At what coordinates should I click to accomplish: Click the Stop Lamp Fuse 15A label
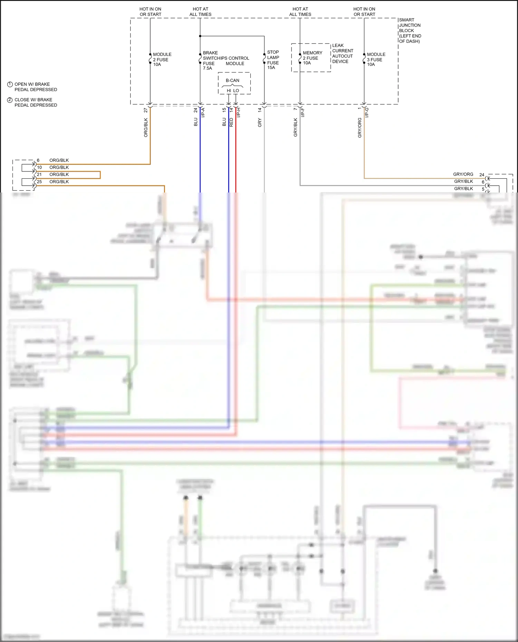(273, 60)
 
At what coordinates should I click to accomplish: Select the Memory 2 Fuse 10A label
(312, 58)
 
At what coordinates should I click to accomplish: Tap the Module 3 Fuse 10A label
(376, 59)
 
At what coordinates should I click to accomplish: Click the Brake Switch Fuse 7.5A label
(210, 60)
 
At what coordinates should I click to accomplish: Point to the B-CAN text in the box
(232, 80)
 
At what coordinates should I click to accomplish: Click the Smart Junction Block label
(410, 30)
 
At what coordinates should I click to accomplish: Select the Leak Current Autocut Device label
(342, 53)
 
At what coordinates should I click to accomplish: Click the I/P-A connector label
(203, 112)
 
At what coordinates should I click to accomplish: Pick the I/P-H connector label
(239, 112)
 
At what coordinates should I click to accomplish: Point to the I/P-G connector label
(367, 112)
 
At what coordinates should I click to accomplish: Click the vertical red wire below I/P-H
(236, 155)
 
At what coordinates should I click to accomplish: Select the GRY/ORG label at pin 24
(463, 174)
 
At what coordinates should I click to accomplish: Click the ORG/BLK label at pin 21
(59, 174)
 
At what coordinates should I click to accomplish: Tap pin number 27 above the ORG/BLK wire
(146, 110)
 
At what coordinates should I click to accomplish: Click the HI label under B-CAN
(229, 91)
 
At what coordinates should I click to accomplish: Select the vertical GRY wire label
(260, 122)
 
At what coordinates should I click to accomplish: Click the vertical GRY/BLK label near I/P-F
(296, 127)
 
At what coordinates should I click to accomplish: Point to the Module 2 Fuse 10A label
(162, 59)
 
